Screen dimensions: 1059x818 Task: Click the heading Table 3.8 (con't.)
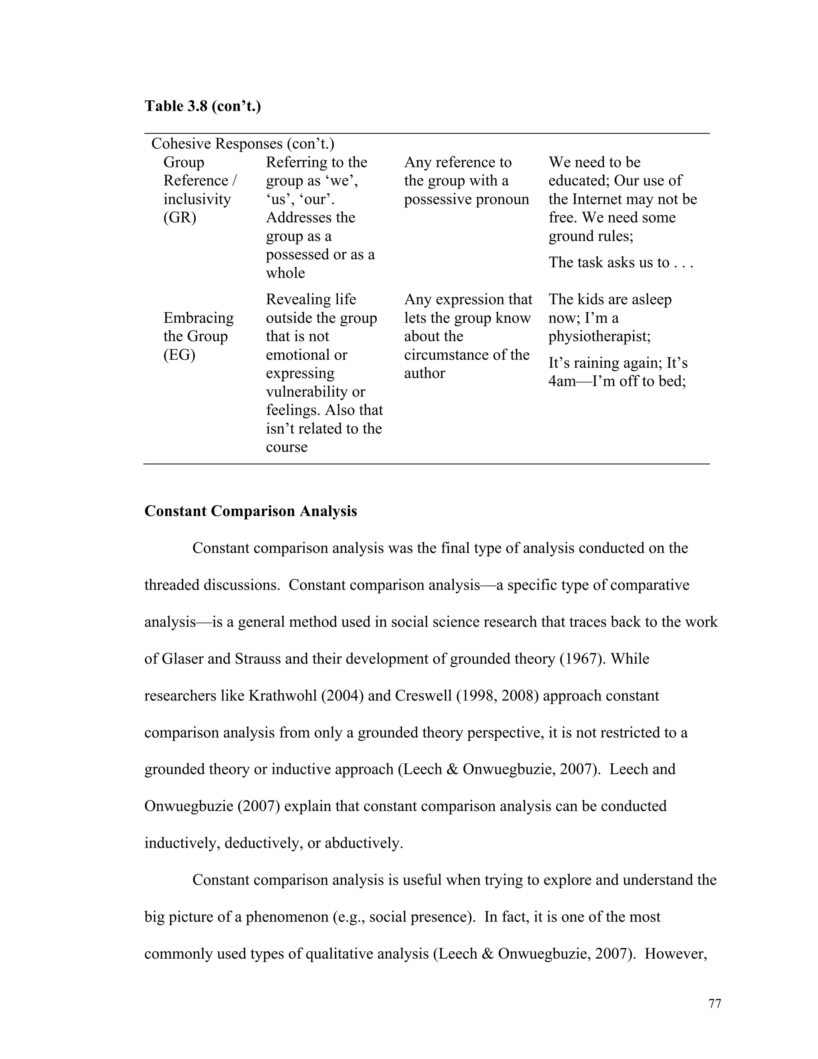point(203,106)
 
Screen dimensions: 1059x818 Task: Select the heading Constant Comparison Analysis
point(250,511)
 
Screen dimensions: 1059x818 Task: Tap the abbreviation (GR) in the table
point(180,218)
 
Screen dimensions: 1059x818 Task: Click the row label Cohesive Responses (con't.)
point(242,143)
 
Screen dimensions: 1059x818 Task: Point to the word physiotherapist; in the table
point(600,336)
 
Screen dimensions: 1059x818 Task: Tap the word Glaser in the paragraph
point(183,659)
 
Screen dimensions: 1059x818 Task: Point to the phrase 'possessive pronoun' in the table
point(466,199)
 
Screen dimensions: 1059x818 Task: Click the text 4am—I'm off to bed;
point(617,381)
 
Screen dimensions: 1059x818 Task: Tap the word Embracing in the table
point(198,318)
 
